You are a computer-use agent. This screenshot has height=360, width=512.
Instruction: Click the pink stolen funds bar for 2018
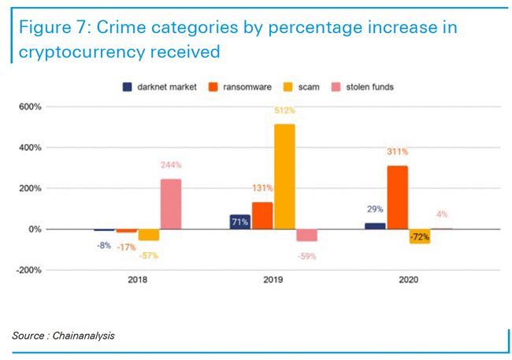[x=170, y=204]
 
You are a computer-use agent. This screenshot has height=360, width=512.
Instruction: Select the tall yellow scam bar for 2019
[x=285, y=176]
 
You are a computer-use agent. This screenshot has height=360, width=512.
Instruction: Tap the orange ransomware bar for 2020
[x=398, y=197]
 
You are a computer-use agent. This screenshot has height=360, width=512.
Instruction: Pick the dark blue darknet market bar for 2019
[x=240, y=221]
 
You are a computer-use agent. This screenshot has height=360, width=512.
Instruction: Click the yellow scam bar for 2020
[x=420, y=236]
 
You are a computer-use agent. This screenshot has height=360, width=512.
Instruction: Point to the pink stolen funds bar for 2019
[x=306, y=236]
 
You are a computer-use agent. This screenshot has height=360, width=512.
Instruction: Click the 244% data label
[x=171, y=165]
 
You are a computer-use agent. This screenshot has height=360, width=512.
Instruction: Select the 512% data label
[x=285, y=111]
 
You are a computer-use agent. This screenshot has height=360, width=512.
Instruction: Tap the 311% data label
[x=398, y=151]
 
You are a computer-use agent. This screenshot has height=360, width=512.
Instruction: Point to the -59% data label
[x=307, y=256]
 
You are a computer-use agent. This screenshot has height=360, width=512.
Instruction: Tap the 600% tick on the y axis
[x=32, y=106]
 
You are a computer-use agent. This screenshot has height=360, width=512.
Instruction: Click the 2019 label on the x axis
[x=273, y=280]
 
